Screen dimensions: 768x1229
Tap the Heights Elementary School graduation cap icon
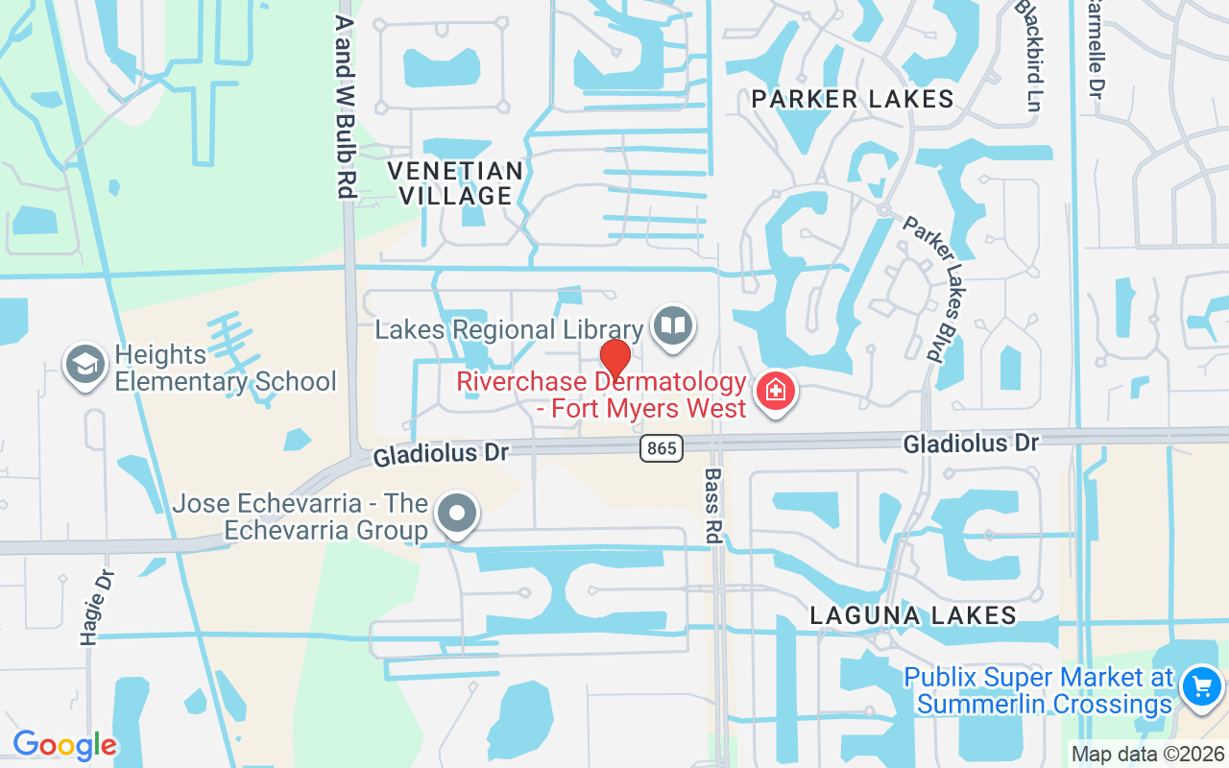coord(85,365)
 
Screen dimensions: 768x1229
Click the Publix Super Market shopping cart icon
coord(1201,687)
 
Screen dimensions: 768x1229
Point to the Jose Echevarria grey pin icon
coord(457,513)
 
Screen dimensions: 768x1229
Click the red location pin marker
coord(614,360)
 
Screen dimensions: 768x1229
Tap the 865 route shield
coord(662,447)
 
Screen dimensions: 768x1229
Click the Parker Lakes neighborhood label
coord(853,99)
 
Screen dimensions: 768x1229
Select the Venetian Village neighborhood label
coord(455,183)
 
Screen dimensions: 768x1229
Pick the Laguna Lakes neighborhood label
coord(912,615)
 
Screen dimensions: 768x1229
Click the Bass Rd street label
coord(712,506)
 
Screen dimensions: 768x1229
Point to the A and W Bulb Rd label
coord(346,106)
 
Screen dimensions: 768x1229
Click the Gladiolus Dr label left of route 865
coord(441,453)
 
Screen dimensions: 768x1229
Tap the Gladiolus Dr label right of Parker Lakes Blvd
coord(970,444)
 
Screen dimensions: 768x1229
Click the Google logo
coord(64,745)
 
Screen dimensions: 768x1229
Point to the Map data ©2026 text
coord(1147,755)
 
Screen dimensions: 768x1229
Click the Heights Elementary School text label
coord(226,369)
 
